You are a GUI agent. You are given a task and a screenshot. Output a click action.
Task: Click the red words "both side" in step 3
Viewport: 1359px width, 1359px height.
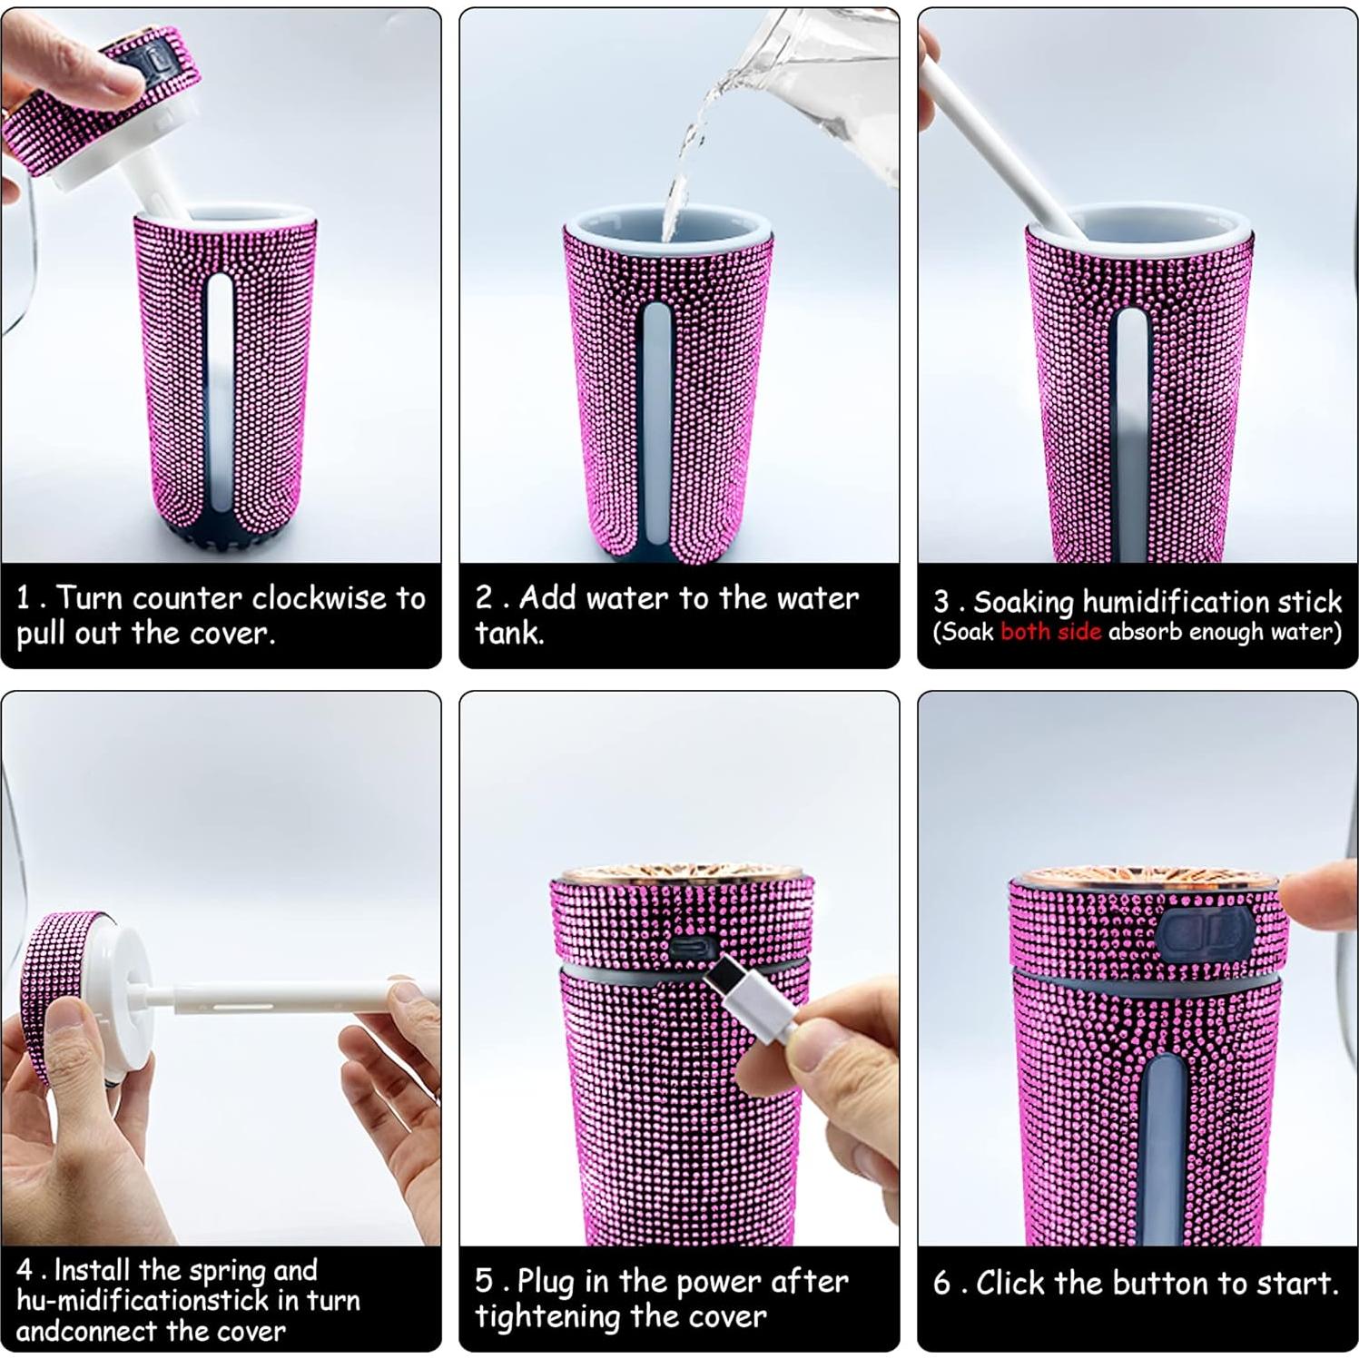(1050, 632)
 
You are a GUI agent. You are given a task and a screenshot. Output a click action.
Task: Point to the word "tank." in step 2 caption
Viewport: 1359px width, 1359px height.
(509, 632)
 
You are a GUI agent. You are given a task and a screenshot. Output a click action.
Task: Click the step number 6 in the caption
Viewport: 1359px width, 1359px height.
(942, 1284)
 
